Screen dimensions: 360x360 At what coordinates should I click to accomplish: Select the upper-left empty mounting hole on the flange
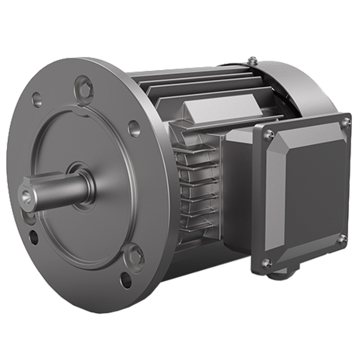pyautogui.click(x=36, y=100)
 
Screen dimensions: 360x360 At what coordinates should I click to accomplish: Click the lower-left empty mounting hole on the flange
pyautogui.click(x=33, y=237)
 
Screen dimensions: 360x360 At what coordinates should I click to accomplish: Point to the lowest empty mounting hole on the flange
pyautogui.click(x=125, y=282)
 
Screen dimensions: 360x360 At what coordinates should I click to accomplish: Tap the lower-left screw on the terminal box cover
pyautogui.click(x=266, y=262)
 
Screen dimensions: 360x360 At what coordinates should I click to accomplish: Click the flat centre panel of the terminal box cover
pyautogui.click(x=312, y=190)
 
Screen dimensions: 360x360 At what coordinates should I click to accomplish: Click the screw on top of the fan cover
pyautogui.click(x=253, y=60)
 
